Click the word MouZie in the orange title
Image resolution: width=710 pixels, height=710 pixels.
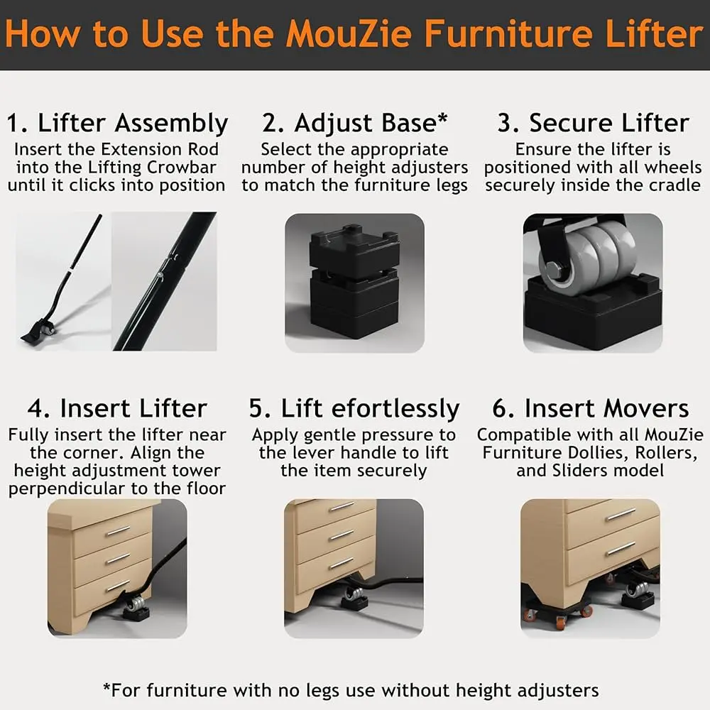click(349, 34)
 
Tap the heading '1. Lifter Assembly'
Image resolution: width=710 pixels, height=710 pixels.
click(117, 123)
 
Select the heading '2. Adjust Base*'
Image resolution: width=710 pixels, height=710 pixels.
click(354, 123)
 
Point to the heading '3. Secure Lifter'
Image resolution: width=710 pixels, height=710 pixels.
click(593, 123)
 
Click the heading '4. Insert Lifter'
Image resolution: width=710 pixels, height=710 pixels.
click(117, 408)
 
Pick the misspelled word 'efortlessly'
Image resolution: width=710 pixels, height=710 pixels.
click(395, 409)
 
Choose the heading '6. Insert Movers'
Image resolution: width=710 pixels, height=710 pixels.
click(591, 408)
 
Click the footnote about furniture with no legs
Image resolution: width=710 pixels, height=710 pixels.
click(351, 691)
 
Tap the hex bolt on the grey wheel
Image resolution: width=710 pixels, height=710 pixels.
click(555, 271)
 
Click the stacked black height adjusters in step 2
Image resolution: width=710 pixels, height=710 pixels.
click(354, 282)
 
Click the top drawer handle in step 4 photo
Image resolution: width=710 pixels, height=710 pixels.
click(118, 530)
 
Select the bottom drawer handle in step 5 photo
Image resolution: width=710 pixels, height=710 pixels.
click(342, 563)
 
